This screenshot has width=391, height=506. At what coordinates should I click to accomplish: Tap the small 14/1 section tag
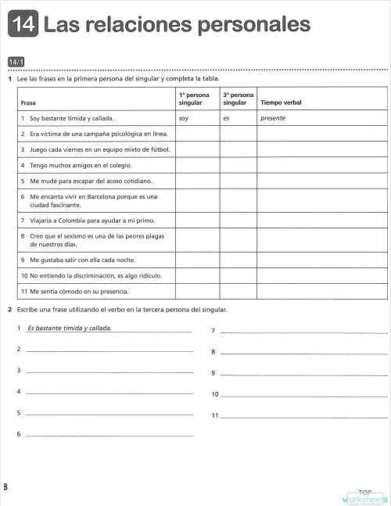(16, 61)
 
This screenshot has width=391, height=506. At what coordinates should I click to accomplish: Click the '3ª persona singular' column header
(237, 99)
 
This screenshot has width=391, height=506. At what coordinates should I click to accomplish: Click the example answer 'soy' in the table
(185, 118)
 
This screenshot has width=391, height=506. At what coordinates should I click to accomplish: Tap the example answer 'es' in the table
(226, 118)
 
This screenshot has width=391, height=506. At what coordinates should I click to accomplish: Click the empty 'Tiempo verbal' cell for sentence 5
(321, 181)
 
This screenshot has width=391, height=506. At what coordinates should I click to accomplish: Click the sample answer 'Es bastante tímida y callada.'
(70, 328)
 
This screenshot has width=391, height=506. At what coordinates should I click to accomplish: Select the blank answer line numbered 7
(303, 332)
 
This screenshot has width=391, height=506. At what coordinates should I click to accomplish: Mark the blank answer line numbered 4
(109, 392)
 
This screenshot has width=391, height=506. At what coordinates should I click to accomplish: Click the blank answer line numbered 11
(303, 415)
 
